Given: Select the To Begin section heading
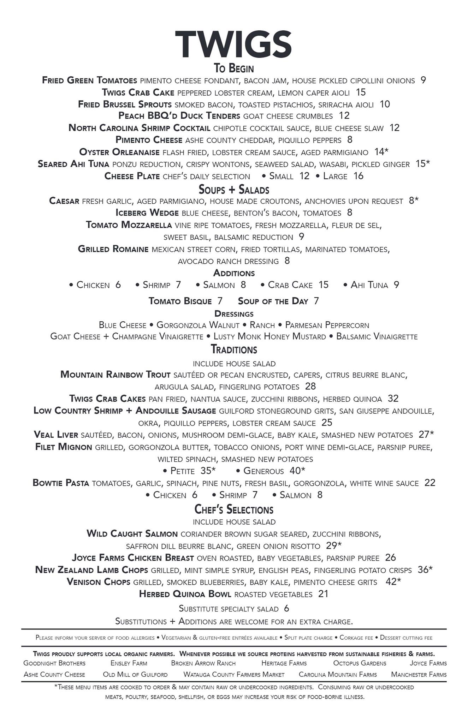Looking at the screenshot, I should tap(233, 68).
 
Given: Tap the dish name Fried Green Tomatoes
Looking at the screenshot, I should tap(89, 80).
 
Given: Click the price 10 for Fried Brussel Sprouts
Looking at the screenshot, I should tap(385, 104).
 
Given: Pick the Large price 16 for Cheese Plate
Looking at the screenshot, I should tap(358, 176).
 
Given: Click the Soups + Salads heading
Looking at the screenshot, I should tap(234, 190).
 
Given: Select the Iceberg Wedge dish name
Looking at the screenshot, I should tap(147, 213).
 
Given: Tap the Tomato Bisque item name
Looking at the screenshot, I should tap(180, 301).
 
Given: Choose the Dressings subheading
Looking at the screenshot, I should tap(234, 313).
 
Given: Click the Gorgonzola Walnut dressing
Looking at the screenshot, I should tap(198, 325).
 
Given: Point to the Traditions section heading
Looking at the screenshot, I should tap(234, 349).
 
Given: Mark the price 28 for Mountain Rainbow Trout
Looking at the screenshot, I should tap(310, 387).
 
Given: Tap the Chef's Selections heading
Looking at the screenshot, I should tap(234, 509).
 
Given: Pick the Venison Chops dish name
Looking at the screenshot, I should tap(98, 582).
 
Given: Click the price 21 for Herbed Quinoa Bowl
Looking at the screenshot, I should tap(323, 594).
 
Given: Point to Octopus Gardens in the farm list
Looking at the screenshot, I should tap(360, 663).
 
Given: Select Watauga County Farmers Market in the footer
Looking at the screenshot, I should tap(234, 674).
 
